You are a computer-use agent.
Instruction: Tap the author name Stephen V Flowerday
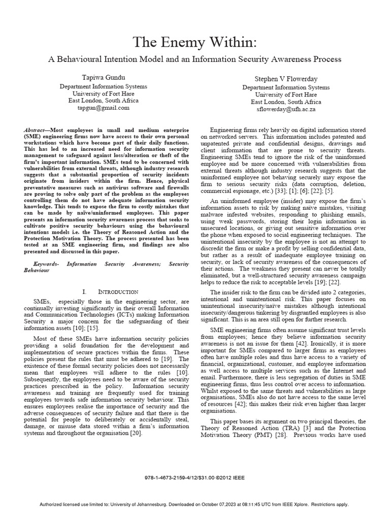[285, 79]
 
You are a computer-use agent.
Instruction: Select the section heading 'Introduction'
[118, 291]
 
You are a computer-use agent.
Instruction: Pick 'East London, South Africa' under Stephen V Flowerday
[286, 102]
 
